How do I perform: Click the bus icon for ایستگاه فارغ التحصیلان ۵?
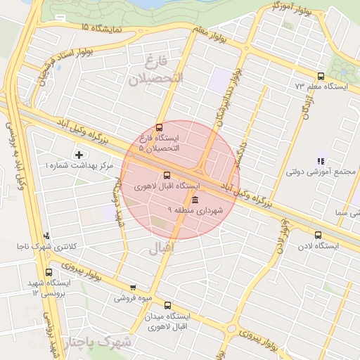tap(160, 128)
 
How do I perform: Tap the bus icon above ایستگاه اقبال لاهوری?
tap(167, 175)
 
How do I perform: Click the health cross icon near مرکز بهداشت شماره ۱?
tap(78, 154)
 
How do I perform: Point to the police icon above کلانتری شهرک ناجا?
tap(47, 236)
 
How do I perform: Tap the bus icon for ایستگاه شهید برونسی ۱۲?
tap(49, 272)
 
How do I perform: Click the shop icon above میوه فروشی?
tap(133, 287)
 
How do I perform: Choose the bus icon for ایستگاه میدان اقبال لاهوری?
tap(167, 305)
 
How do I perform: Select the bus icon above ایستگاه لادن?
tap(319, 236)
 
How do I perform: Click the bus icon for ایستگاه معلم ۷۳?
tap(321, 76)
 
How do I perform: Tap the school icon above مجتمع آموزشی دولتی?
tap(321, 161)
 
